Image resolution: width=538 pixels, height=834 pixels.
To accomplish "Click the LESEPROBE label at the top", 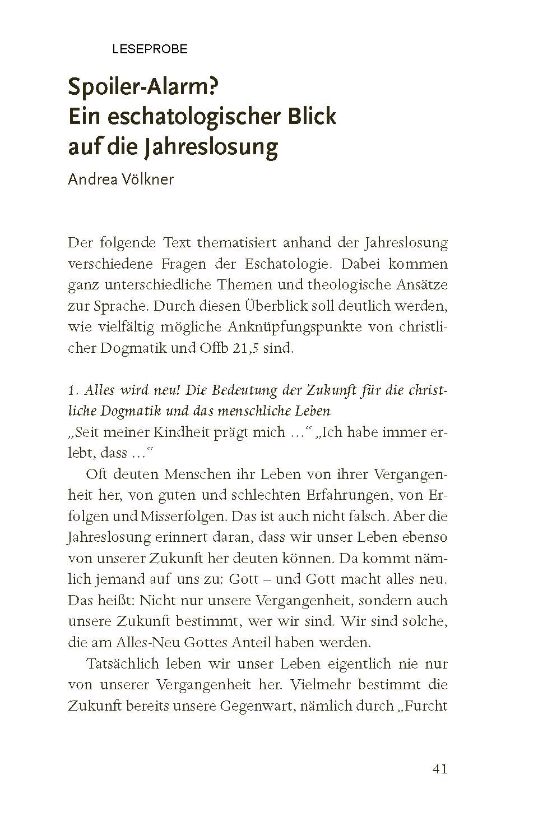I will [x=150, y=49].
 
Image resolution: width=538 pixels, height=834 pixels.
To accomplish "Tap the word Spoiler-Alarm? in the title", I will [x=143, y=88].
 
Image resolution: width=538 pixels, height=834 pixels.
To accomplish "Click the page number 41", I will [x=439, y=769].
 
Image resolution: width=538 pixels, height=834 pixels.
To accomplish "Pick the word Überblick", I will [x=276, y=306].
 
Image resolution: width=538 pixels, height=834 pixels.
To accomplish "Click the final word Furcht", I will [x=426, y=706].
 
